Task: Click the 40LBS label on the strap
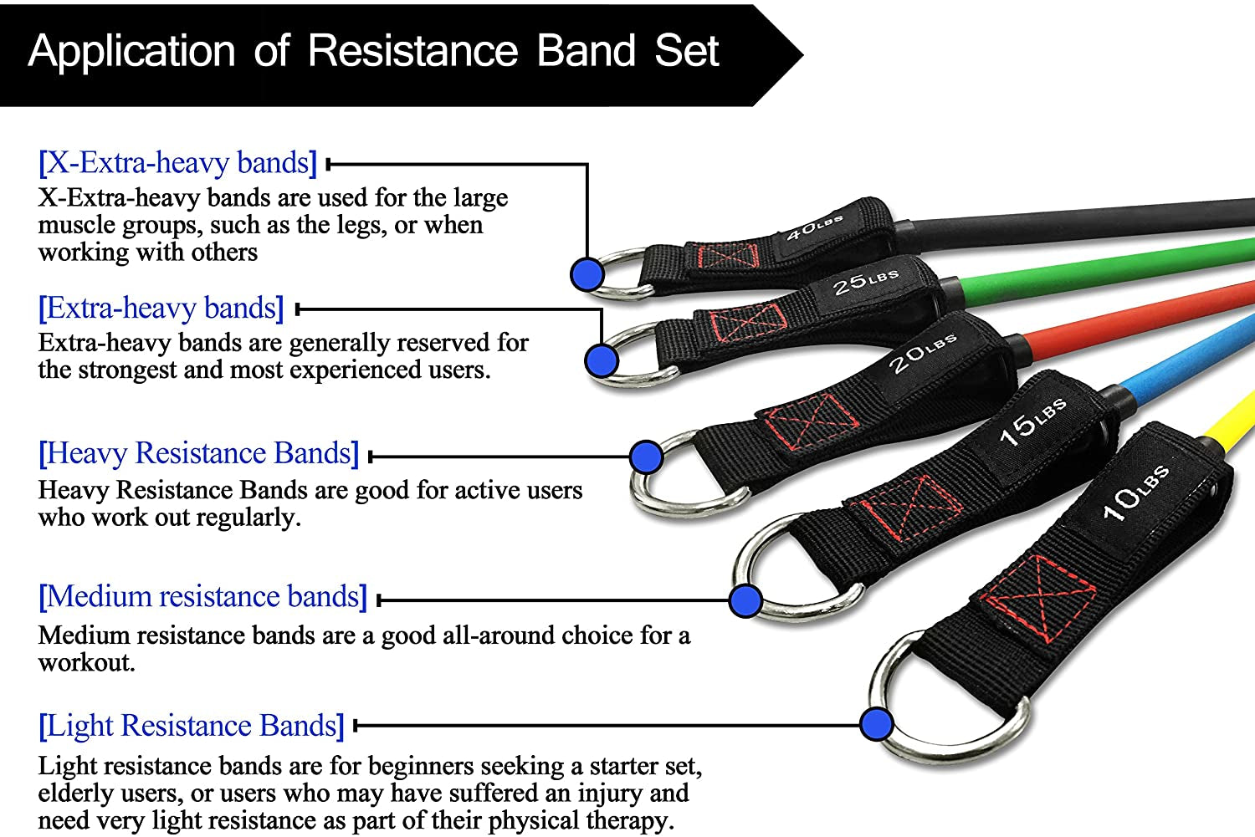coord(813,227)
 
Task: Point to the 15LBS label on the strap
coord(1032,421)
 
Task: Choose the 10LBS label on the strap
coord(1135,493)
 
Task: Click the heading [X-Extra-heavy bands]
coord(177,162)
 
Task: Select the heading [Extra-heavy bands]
coord(161,308)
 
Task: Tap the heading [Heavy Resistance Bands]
coord(198,453)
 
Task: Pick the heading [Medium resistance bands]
coord(202,597)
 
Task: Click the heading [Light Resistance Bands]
coord(191,726)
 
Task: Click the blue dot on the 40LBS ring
coord(587,274)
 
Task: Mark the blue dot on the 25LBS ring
coord(602,361)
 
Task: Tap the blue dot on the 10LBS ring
coord(876,723)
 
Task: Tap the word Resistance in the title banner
coord(412,52)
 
